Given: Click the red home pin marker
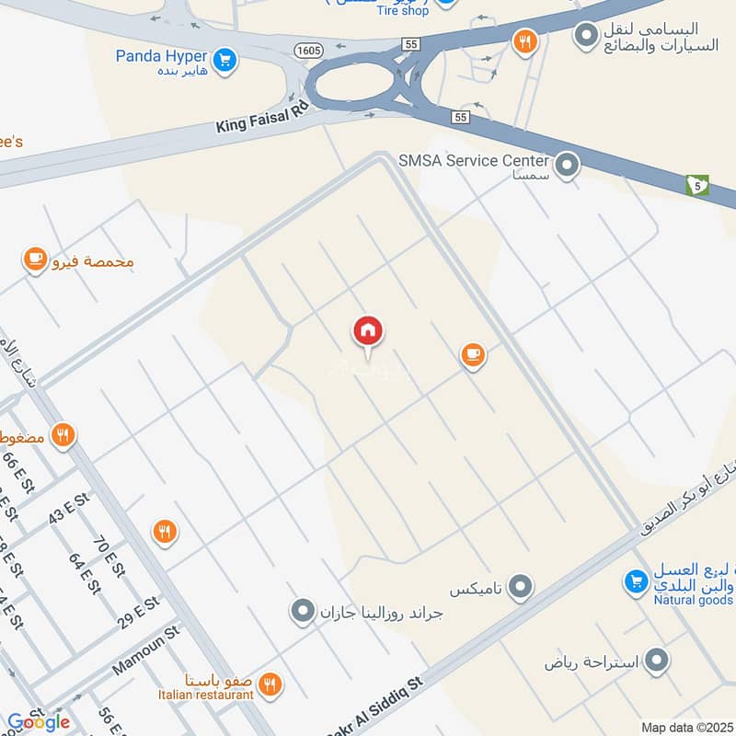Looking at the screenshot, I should [x=368, y=331].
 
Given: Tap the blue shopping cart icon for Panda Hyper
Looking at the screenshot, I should [x=224, y=61].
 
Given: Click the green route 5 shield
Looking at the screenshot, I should [x=697, y=185].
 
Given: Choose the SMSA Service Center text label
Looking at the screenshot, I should [x=474, y=160].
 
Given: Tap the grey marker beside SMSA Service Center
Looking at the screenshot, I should [x=569, y=166].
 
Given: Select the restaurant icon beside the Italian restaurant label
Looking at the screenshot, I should [x=270, y=684].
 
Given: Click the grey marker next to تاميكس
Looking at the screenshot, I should [x=521, y=586].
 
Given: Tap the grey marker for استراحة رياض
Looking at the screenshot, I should [x=656, y=660].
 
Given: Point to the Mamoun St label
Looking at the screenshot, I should [x=145, y=652].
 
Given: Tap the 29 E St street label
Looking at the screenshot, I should [x=139, y=612].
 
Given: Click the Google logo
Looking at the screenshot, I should [x=38, y=722].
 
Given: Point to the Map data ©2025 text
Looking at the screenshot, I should [x=686, y=728].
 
